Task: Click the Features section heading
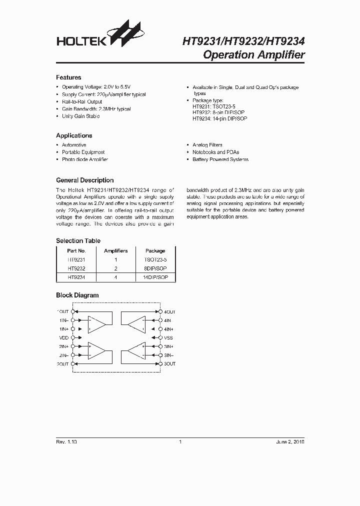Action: (x=68, y=77)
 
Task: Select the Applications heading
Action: (x=74, y=135)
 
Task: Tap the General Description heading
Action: (x=84, y=180)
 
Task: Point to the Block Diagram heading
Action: (x=77, y=295)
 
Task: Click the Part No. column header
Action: (x=76, y=250)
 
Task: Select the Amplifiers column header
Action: (x=115, y=250)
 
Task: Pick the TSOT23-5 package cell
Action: (x=155, y=260)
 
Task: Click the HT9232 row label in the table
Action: (x=76, y=268)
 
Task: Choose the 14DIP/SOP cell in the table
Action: (x=155, y=276)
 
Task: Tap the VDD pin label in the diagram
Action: (x=63, y=337)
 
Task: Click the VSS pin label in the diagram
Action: (x=168, y=337)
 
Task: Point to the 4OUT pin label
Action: (x=169, y=311)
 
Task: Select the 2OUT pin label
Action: (x=62, y=364)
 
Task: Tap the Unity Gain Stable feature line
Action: (x=80, y=116)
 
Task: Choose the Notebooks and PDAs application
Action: (x=216, y=152)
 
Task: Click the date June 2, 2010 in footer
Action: (x=290, y=442)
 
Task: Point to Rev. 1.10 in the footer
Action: (x=66, y=442)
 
